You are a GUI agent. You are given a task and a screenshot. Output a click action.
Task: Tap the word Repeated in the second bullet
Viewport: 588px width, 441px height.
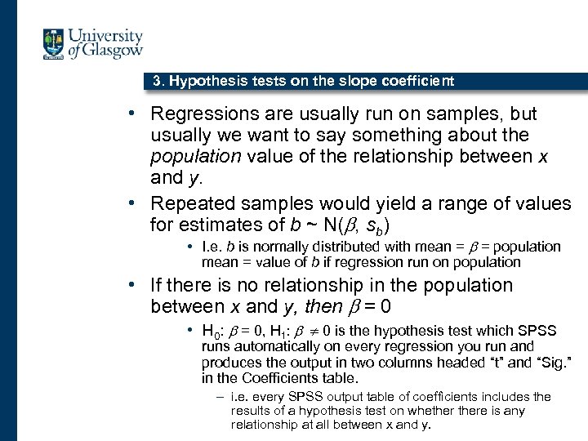[x=188, y=203]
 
